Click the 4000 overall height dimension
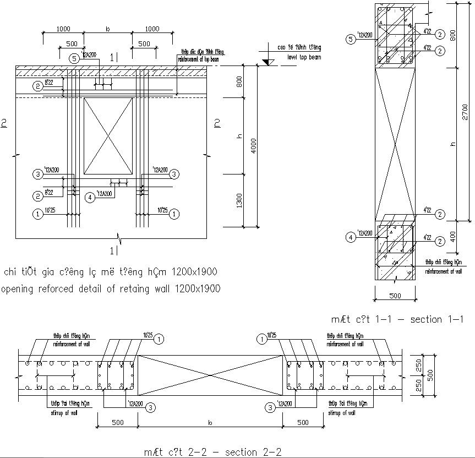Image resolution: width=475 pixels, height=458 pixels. (253, 146)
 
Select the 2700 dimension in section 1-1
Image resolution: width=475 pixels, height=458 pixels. (465, 112)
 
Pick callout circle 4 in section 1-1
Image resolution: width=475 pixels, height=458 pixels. (350, 237)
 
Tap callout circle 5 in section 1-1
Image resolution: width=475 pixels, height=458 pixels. (350, 39)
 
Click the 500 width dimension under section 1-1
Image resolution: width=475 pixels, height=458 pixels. (394, 296)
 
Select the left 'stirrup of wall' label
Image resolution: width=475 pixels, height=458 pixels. (64, 412)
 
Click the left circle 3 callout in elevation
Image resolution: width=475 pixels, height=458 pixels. (37, 175)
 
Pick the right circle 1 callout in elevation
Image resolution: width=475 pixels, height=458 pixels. (174, 213)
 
